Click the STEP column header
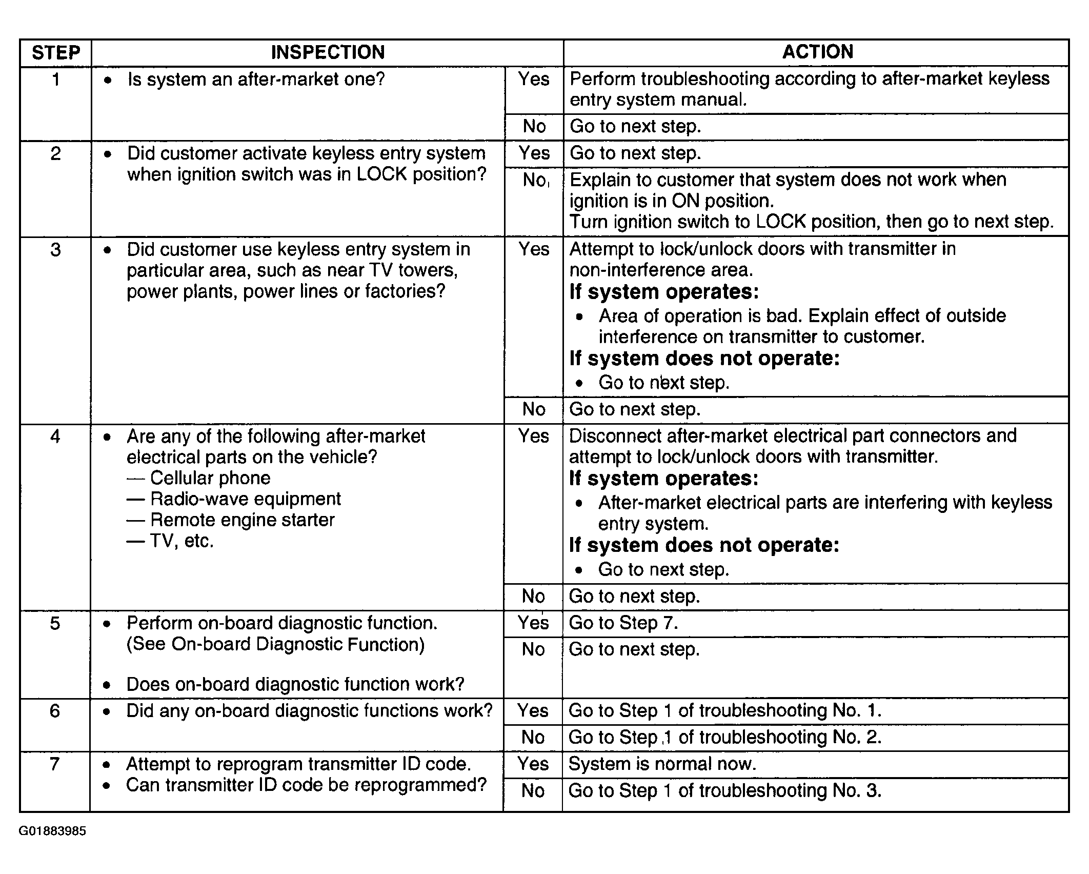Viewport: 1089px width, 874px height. pyautogui.click(x=56, y=53)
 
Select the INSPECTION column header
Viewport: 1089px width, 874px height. pyautogui.click(x=328, y=52)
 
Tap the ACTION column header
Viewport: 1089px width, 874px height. pyautogui.click(x=817, y=52)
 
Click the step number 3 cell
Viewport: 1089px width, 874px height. pyautogui.click(x=55, y=250)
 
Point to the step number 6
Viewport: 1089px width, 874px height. pyautogui.click(x=55, y=711)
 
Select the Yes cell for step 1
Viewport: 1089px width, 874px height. pyautogui.click(x=534, y=79)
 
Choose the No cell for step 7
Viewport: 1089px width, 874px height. pyautogui.click(x=533, y=790)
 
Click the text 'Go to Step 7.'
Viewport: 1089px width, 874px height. pyautogui.click(x=623, y=623)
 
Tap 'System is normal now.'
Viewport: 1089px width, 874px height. pyautogui.click(x=662, y=764)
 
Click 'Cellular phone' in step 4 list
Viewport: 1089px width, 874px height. pyautogui.click(x=210, y=478)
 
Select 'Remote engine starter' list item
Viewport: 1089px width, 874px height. pyautogui.click(x=242, y=520)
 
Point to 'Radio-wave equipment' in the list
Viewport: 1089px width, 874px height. pyautogui.click(x=245, y=499)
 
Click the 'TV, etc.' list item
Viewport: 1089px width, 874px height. pyautogui.click(x=181, y=541)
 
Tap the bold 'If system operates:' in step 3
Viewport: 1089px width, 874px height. pyautogui.click(x=664, y=292)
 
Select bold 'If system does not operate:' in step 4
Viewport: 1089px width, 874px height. pyautogui.click(x=704, y=545)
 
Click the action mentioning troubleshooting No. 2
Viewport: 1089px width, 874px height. pyautogui.click(x=725, y=737)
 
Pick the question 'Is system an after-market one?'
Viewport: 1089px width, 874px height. pyautogui.click(x=256, y=80)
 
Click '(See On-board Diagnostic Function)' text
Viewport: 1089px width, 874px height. pyautogui.click(x=275, y=644)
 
